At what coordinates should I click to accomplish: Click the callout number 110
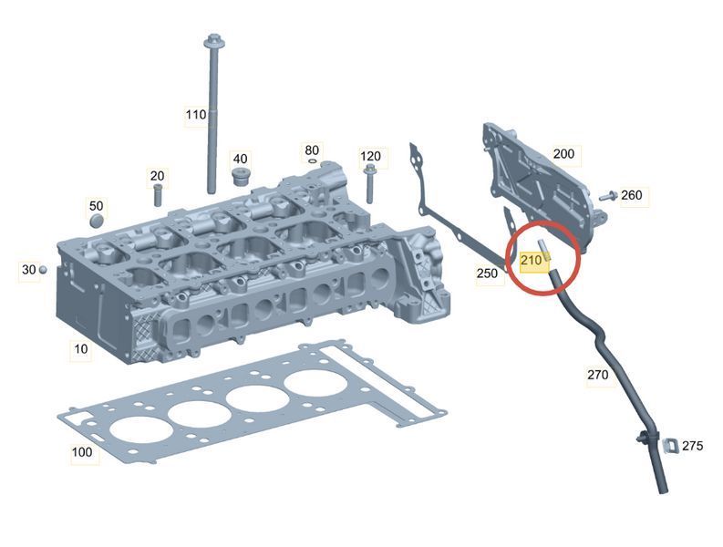pos(195,114)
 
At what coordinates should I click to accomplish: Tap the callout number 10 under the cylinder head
pos(81,349)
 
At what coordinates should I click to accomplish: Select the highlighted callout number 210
pos(531,261)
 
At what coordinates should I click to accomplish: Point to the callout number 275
pos(693,446)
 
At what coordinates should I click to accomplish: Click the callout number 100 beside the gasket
pos(82,452)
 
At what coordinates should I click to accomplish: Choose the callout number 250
pos(488,273)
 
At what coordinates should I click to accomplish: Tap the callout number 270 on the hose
pos(597,375)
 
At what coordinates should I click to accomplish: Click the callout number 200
pos(563,153)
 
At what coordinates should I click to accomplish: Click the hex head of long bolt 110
pos(213,41)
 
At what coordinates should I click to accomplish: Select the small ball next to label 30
pos(43,269)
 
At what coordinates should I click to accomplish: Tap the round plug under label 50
pos(97,221)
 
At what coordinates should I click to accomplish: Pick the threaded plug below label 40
pos(239,177)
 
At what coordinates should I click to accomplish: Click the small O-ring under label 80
pos(312,161)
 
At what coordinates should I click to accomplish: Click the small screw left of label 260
pos(608,196)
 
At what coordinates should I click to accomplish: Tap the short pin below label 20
pos(157,195)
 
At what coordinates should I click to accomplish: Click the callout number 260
pos(631,195)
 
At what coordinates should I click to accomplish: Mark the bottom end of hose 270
pos(663,491)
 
